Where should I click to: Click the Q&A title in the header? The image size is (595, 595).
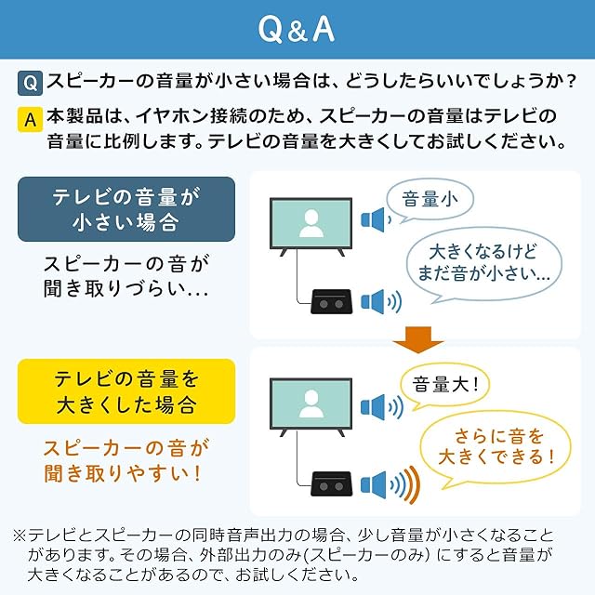tap(297, 30)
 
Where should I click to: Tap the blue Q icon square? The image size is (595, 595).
tap(29, 84)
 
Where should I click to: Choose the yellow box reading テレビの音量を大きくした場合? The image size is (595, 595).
tap(126, 391)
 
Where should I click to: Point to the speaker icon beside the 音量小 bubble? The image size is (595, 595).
tap(374, 220)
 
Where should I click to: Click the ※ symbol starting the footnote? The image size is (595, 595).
tap(20, 536)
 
